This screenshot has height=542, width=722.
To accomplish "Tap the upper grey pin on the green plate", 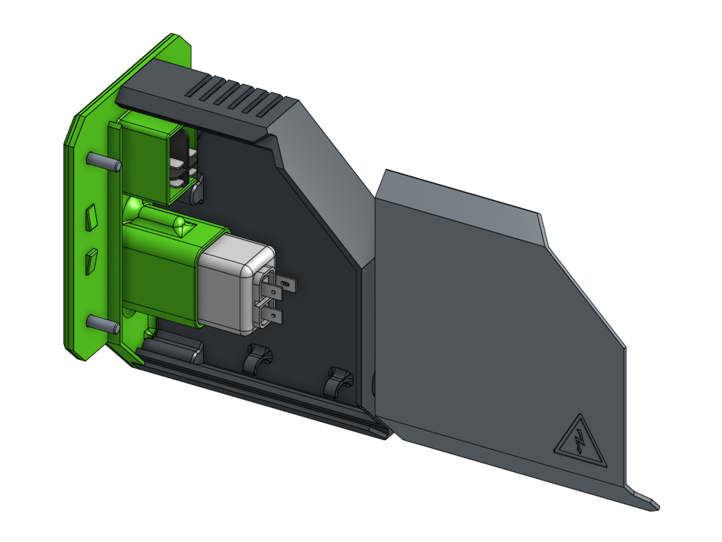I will [x=104, y=161].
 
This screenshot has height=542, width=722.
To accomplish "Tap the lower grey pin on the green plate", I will [x=104, y=324].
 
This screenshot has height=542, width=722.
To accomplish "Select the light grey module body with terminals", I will [x=230, y=285].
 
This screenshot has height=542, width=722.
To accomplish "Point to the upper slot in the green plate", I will [x=91, y=217].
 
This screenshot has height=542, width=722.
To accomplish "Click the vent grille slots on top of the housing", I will [x=235, y=96].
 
